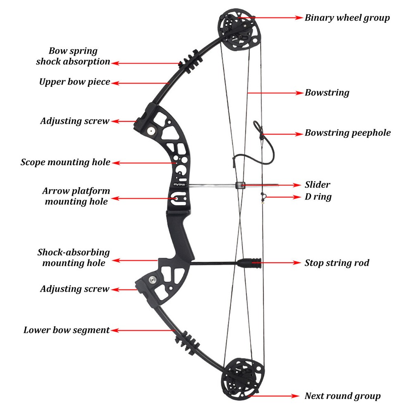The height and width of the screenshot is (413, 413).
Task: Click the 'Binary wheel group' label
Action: [x=347, y=18]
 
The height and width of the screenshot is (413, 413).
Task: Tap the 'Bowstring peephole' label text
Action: [x=347, y=133]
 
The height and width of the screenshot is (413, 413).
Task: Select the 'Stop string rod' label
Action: [x=337, y=263]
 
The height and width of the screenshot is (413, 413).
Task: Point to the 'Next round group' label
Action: [x=342, y=396]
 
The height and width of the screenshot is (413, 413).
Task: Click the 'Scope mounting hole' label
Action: [x=65, y=162]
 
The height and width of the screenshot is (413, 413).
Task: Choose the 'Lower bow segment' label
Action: [x=66, y=330]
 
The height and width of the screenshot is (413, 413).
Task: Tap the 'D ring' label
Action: [x=318, y=197]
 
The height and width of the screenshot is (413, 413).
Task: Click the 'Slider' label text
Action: [x=317, y=185]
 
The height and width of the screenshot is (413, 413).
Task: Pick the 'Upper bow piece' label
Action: [x=74, y=82]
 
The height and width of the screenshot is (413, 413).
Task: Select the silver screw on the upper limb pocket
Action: [x=151, y=131]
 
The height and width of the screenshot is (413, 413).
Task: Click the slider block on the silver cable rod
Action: [x=240, y=185]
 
